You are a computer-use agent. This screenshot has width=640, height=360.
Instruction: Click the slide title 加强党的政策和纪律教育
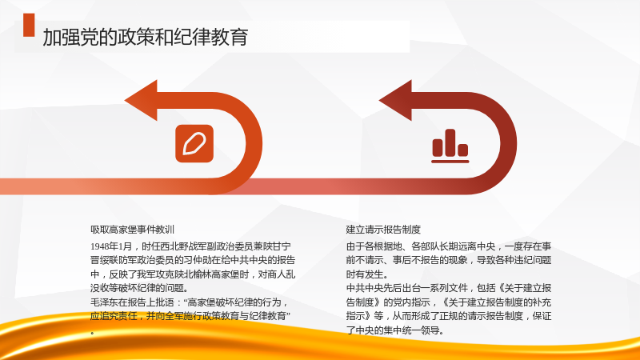tap(146, 37)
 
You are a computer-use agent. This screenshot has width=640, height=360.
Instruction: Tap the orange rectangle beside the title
tap(29, 25)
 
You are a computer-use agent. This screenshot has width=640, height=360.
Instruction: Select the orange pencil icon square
tap(194, 143)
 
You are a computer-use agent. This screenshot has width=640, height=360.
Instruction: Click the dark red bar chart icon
tap(450, 146)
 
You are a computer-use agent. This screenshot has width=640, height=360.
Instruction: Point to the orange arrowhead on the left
tap(142, 101)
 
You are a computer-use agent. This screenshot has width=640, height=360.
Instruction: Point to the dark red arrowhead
tap(395, 101)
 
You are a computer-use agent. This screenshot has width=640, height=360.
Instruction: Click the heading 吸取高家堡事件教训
tap(133, 230)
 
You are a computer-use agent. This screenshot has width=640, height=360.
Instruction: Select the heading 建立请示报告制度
tap(383, 230)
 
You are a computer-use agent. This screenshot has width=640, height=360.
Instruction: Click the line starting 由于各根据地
tap(449, 246)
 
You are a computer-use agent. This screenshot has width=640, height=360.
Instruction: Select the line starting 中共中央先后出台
tap(449, 288)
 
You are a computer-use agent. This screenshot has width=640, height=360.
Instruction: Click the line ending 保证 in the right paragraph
tap(449, 316)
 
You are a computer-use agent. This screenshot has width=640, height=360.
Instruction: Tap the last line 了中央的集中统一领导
tap(394, 330)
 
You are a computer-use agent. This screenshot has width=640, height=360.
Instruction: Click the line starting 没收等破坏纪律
tap(139, 288)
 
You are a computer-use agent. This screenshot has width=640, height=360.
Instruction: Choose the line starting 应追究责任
tap(190, 316)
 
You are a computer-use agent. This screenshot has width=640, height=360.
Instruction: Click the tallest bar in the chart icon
tap(450, 142)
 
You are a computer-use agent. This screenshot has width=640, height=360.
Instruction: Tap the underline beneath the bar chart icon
tap(450, 162)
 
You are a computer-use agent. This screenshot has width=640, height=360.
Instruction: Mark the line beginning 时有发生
tap(367, 274)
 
